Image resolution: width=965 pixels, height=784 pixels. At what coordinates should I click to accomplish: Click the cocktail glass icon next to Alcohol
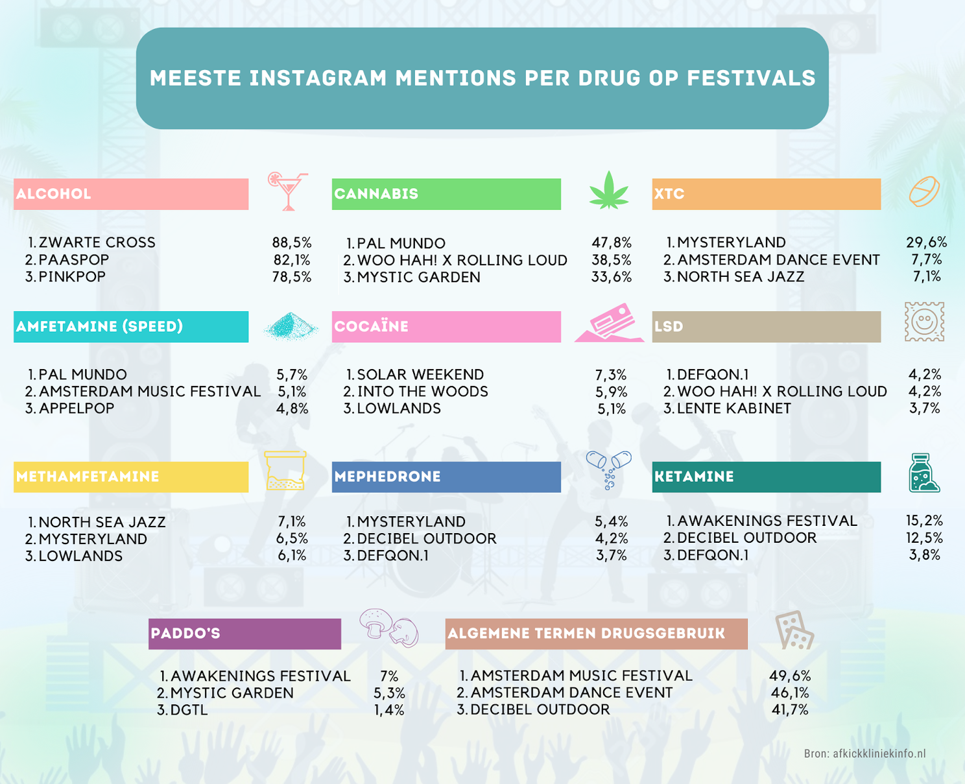pyautogui.click(x=287, y=191)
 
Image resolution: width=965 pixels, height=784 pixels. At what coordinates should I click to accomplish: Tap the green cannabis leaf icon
pyautogui.click(x=609, y=191)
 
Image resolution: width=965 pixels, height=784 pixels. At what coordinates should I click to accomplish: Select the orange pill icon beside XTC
pyautogui.click(x=924, y=191)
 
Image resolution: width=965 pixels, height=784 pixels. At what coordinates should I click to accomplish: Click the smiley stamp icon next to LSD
pyautogui.click(x=924, y=322)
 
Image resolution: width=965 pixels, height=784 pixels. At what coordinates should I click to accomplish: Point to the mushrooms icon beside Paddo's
pyautogui.click(x=389, y=628)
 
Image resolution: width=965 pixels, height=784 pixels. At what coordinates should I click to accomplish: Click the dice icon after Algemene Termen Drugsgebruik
pyautogui.click(x=794, y=630)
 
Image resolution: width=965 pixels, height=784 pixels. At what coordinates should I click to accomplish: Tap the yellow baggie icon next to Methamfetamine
pyautogui.click(x=285, y=471)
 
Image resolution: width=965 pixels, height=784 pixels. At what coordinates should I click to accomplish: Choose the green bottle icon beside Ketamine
pyautogui.click(x=923, y=473)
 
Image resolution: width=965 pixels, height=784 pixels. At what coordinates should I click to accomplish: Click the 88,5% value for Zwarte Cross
pyautogui.click(x=292, y=243)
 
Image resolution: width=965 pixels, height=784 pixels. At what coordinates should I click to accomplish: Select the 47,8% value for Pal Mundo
pyautogui.click(x=612, y=243)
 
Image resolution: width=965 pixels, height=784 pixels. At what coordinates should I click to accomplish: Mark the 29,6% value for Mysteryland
pyautogui.click(x=926, y=243)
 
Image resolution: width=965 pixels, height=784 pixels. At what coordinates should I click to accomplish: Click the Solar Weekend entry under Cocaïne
pyautogui.click(x=420, y=375)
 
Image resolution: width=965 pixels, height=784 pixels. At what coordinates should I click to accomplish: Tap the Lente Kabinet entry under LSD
pyautogui.click(x=733, y=409)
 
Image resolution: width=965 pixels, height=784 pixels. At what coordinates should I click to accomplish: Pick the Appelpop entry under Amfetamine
pyautogui.click(x=76, y=409)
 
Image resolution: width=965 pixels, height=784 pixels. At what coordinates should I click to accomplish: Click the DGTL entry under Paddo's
pyautogui.click(x=189, y=710)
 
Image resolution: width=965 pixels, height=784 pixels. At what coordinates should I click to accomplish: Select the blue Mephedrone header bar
pyautogui.click(x=446, y=477)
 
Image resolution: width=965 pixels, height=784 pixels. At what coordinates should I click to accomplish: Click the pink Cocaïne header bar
pyautogui.click(x=446, y=326)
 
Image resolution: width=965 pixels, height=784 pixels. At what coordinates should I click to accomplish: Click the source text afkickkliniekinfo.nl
pyautogui.click(x=879, y=754)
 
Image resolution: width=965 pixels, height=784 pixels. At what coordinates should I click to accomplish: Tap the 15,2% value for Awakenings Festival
pyautogui.click(x=924, y=521)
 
